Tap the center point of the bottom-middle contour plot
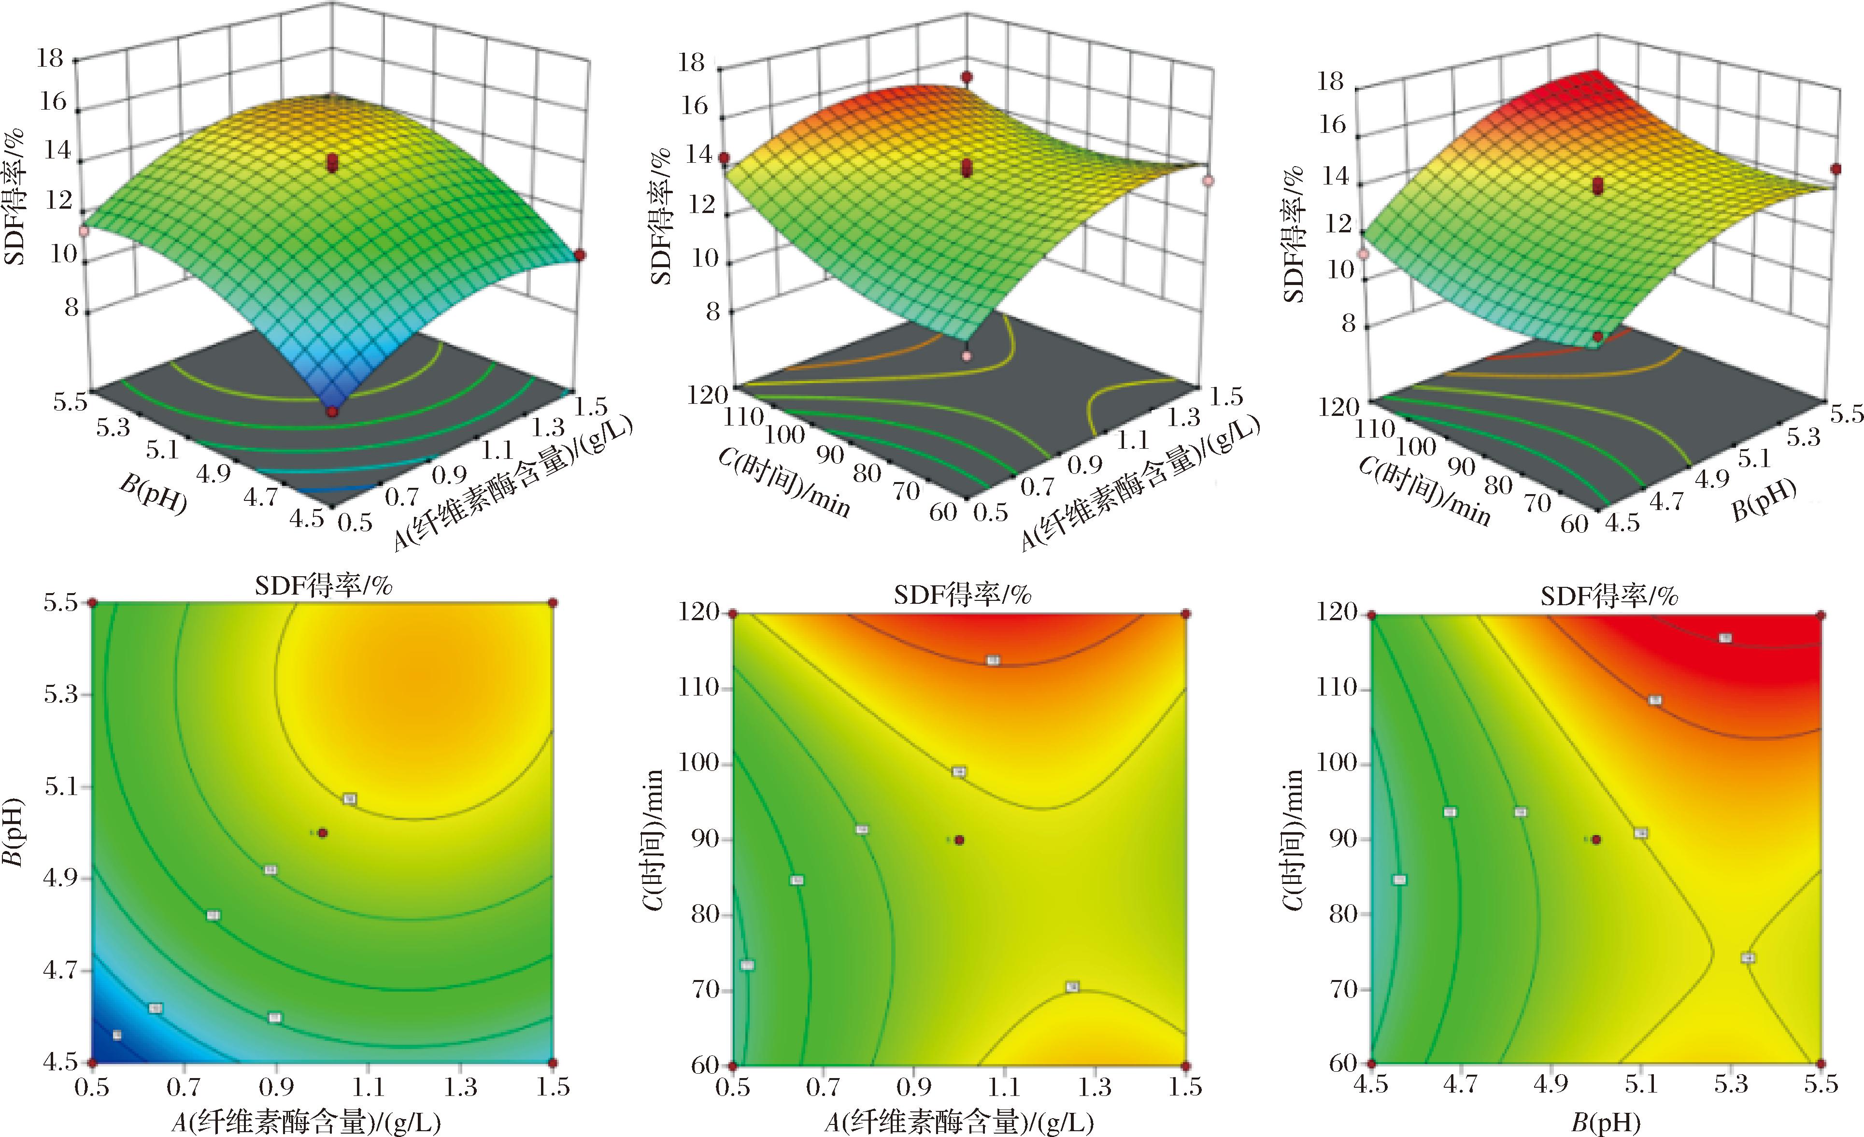959,839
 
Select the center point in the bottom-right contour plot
1596,839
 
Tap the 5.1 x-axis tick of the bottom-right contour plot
1641,1085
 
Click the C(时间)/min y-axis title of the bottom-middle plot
652,839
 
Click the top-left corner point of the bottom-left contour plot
92,603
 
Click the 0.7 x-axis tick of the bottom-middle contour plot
823,1088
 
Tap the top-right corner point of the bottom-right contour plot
1821,615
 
